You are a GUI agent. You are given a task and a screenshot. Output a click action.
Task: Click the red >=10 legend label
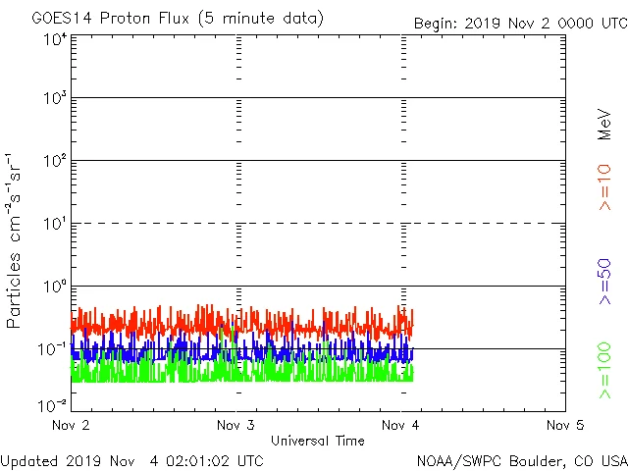(604, 187)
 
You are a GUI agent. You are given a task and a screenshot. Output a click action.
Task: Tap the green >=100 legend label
(604, 371)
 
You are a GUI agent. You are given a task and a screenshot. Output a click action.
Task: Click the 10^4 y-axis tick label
(54, 39)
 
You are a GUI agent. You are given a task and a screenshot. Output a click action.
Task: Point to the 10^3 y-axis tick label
(54, 99)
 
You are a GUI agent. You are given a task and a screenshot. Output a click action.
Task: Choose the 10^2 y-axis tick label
(54, 162)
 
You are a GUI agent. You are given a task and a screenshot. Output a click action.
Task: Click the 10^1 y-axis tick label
(54, 225)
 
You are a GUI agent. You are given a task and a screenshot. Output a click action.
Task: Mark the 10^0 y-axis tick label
(54, 288)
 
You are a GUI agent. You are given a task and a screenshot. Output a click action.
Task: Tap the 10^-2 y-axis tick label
(52, 404)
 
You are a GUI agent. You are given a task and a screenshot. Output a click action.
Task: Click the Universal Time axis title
(317, 441)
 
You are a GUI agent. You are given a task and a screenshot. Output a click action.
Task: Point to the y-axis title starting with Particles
(16, 240)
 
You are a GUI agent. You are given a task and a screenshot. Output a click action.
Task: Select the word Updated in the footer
(30, 459)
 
